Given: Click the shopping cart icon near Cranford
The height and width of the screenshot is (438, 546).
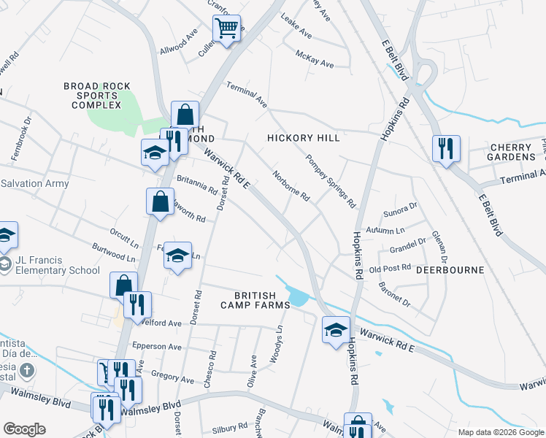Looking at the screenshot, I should click(x=227, y=30).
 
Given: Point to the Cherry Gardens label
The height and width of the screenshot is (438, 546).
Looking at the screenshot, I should click(x=502, y=152).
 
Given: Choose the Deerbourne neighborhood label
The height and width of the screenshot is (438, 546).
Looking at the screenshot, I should click(x=450, y=270).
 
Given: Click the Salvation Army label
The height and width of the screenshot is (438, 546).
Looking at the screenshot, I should click(x=35, y=183).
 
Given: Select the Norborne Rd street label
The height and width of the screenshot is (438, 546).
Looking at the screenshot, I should click(x=291, y=186).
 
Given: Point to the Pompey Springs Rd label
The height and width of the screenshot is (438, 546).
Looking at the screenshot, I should click(x=330, y=180).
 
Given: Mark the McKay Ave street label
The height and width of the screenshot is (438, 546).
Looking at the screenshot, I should click(x=315, y=59).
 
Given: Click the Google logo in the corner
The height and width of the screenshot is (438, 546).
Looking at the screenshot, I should click(x=24, y=429).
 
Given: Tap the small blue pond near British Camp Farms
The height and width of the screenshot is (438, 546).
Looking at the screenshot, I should click(x=299, y=297).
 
